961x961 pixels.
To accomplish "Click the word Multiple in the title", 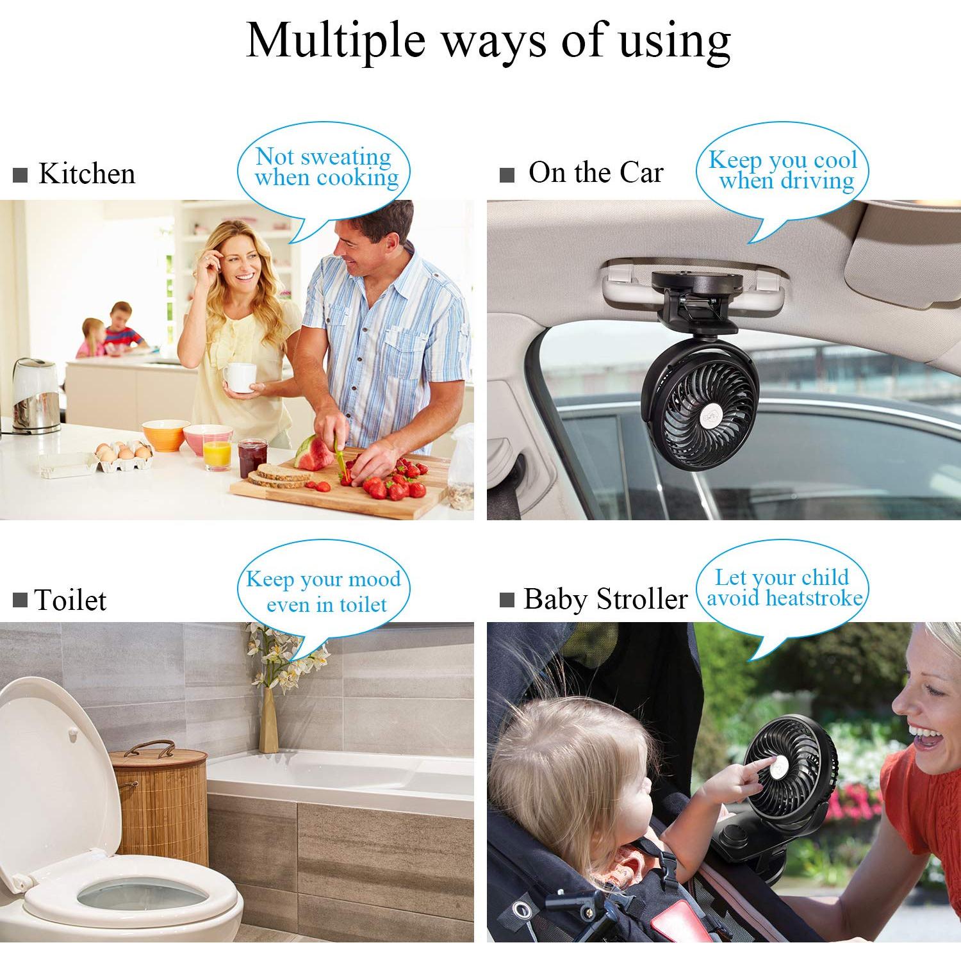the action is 336,41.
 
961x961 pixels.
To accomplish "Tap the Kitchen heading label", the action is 86,174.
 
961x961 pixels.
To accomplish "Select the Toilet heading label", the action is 70,600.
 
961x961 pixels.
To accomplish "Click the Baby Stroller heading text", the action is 605,599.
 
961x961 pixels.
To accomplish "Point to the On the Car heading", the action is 595,172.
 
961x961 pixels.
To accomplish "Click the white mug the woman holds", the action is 241,377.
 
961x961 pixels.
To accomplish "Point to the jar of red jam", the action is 252,457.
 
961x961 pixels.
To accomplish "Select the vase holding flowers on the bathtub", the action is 268,721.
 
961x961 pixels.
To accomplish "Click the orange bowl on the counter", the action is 165,435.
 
